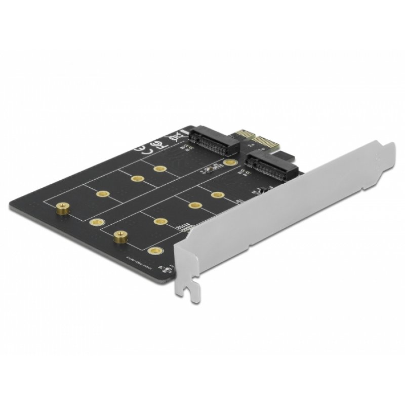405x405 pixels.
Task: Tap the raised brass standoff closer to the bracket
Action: (120, 235)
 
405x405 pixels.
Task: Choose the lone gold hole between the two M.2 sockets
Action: (230, 163)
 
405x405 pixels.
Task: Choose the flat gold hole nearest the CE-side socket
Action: (161, 169)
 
